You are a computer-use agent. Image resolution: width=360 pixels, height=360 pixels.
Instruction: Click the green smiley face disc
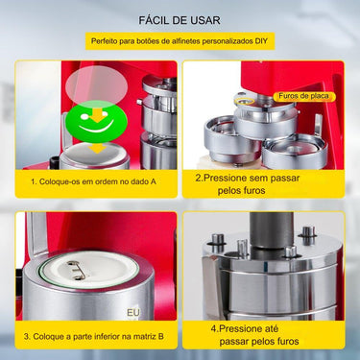pos(93,121)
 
